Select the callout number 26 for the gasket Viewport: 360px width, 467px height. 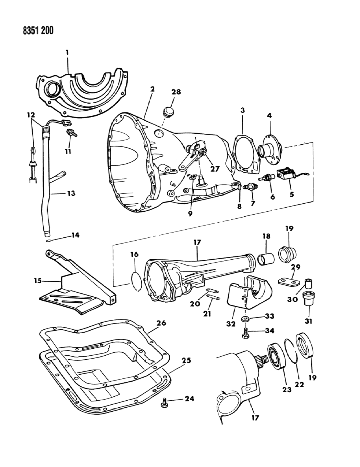point(161,323)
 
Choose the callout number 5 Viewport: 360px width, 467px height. point(292,194)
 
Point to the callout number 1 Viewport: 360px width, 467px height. point(67,52)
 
